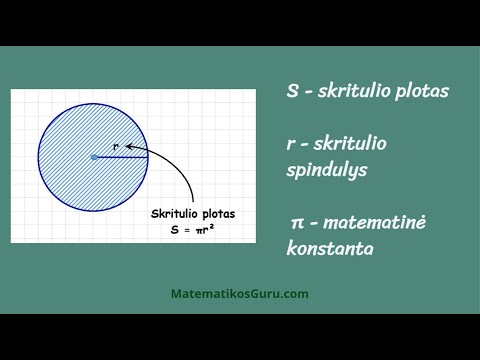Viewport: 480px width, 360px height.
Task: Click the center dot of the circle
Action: pyautogui.click(x=94, y=156)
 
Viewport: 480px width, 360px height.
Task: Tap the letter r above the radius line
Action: pyautogui.click(x=117, y=146)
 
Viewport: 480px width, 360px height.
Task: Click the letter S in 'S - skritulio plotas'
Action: pyautogui.click(x=292, y=91)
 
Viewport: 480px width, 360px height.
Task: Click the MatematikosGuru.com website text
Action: pyautogui.click(x=240, y=294)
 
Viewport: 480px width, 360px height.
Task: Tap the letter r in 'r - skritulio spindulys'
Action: pyautogui.click(x=290, y=144)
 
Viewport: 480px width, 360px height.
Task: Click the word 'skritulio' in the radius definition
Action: pyautogui.click(x=347, y=144)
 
